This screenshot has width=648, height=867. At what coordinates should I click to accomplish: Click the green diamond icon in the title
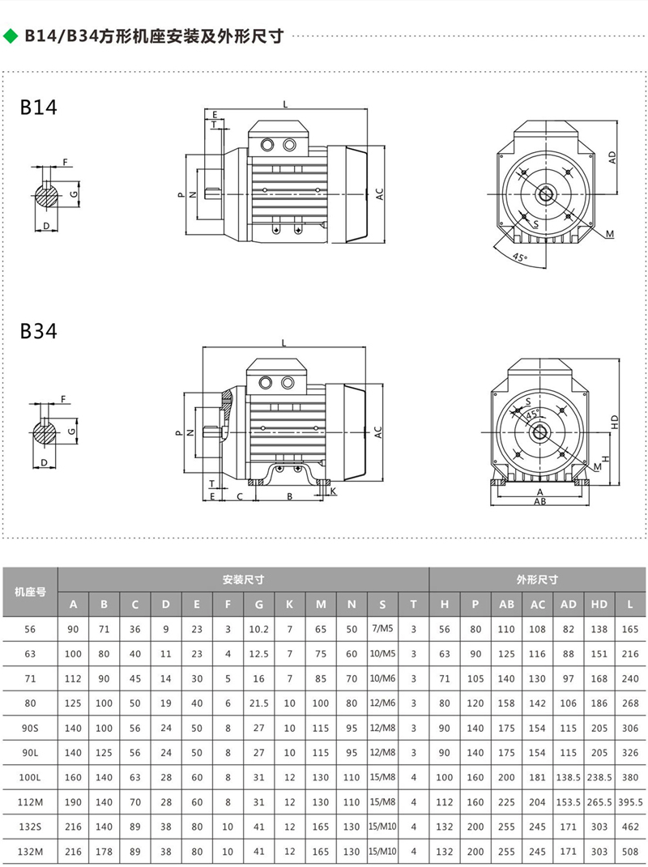(11, 36)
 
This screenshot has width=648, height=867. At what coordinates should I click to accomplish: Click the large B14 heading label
(38, 108)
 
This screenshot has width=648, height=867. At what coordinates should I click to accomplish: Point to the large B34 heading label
(38, 332)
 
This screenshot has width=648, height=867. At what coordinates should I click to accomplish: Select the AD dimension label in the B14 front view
(613, 157)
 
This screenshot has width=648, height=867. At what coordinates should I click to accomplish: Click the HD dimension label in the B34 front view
(615, 422)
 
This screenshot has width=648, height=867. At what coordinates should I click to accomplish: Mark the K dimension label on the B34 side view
(333, 491)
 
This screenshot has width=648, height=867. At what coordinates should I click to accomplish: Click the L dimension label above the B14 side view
(284, 104)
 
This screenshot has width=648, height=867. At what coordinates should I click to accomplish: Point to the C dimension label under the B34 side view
(240, 495)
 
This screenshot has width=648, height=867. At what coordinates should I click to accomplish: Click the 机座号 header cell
(31, 592)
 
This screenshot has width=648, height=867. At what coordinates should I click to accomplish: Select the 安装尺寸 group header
(244, 580)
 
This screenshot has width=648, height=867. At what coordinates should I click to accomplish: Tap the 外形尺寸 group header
(538, 580)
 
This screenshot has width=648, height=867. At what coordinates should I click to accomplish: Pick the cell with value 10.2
(259, 629)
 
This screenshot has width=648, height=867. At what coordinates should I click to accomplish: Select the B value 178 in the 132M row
(104, 852)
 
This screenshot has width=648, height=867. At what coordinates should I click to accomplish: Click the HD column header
(599, 604)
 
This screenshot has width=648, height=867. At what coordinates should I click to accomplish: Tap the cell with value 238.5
(599, 777)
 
